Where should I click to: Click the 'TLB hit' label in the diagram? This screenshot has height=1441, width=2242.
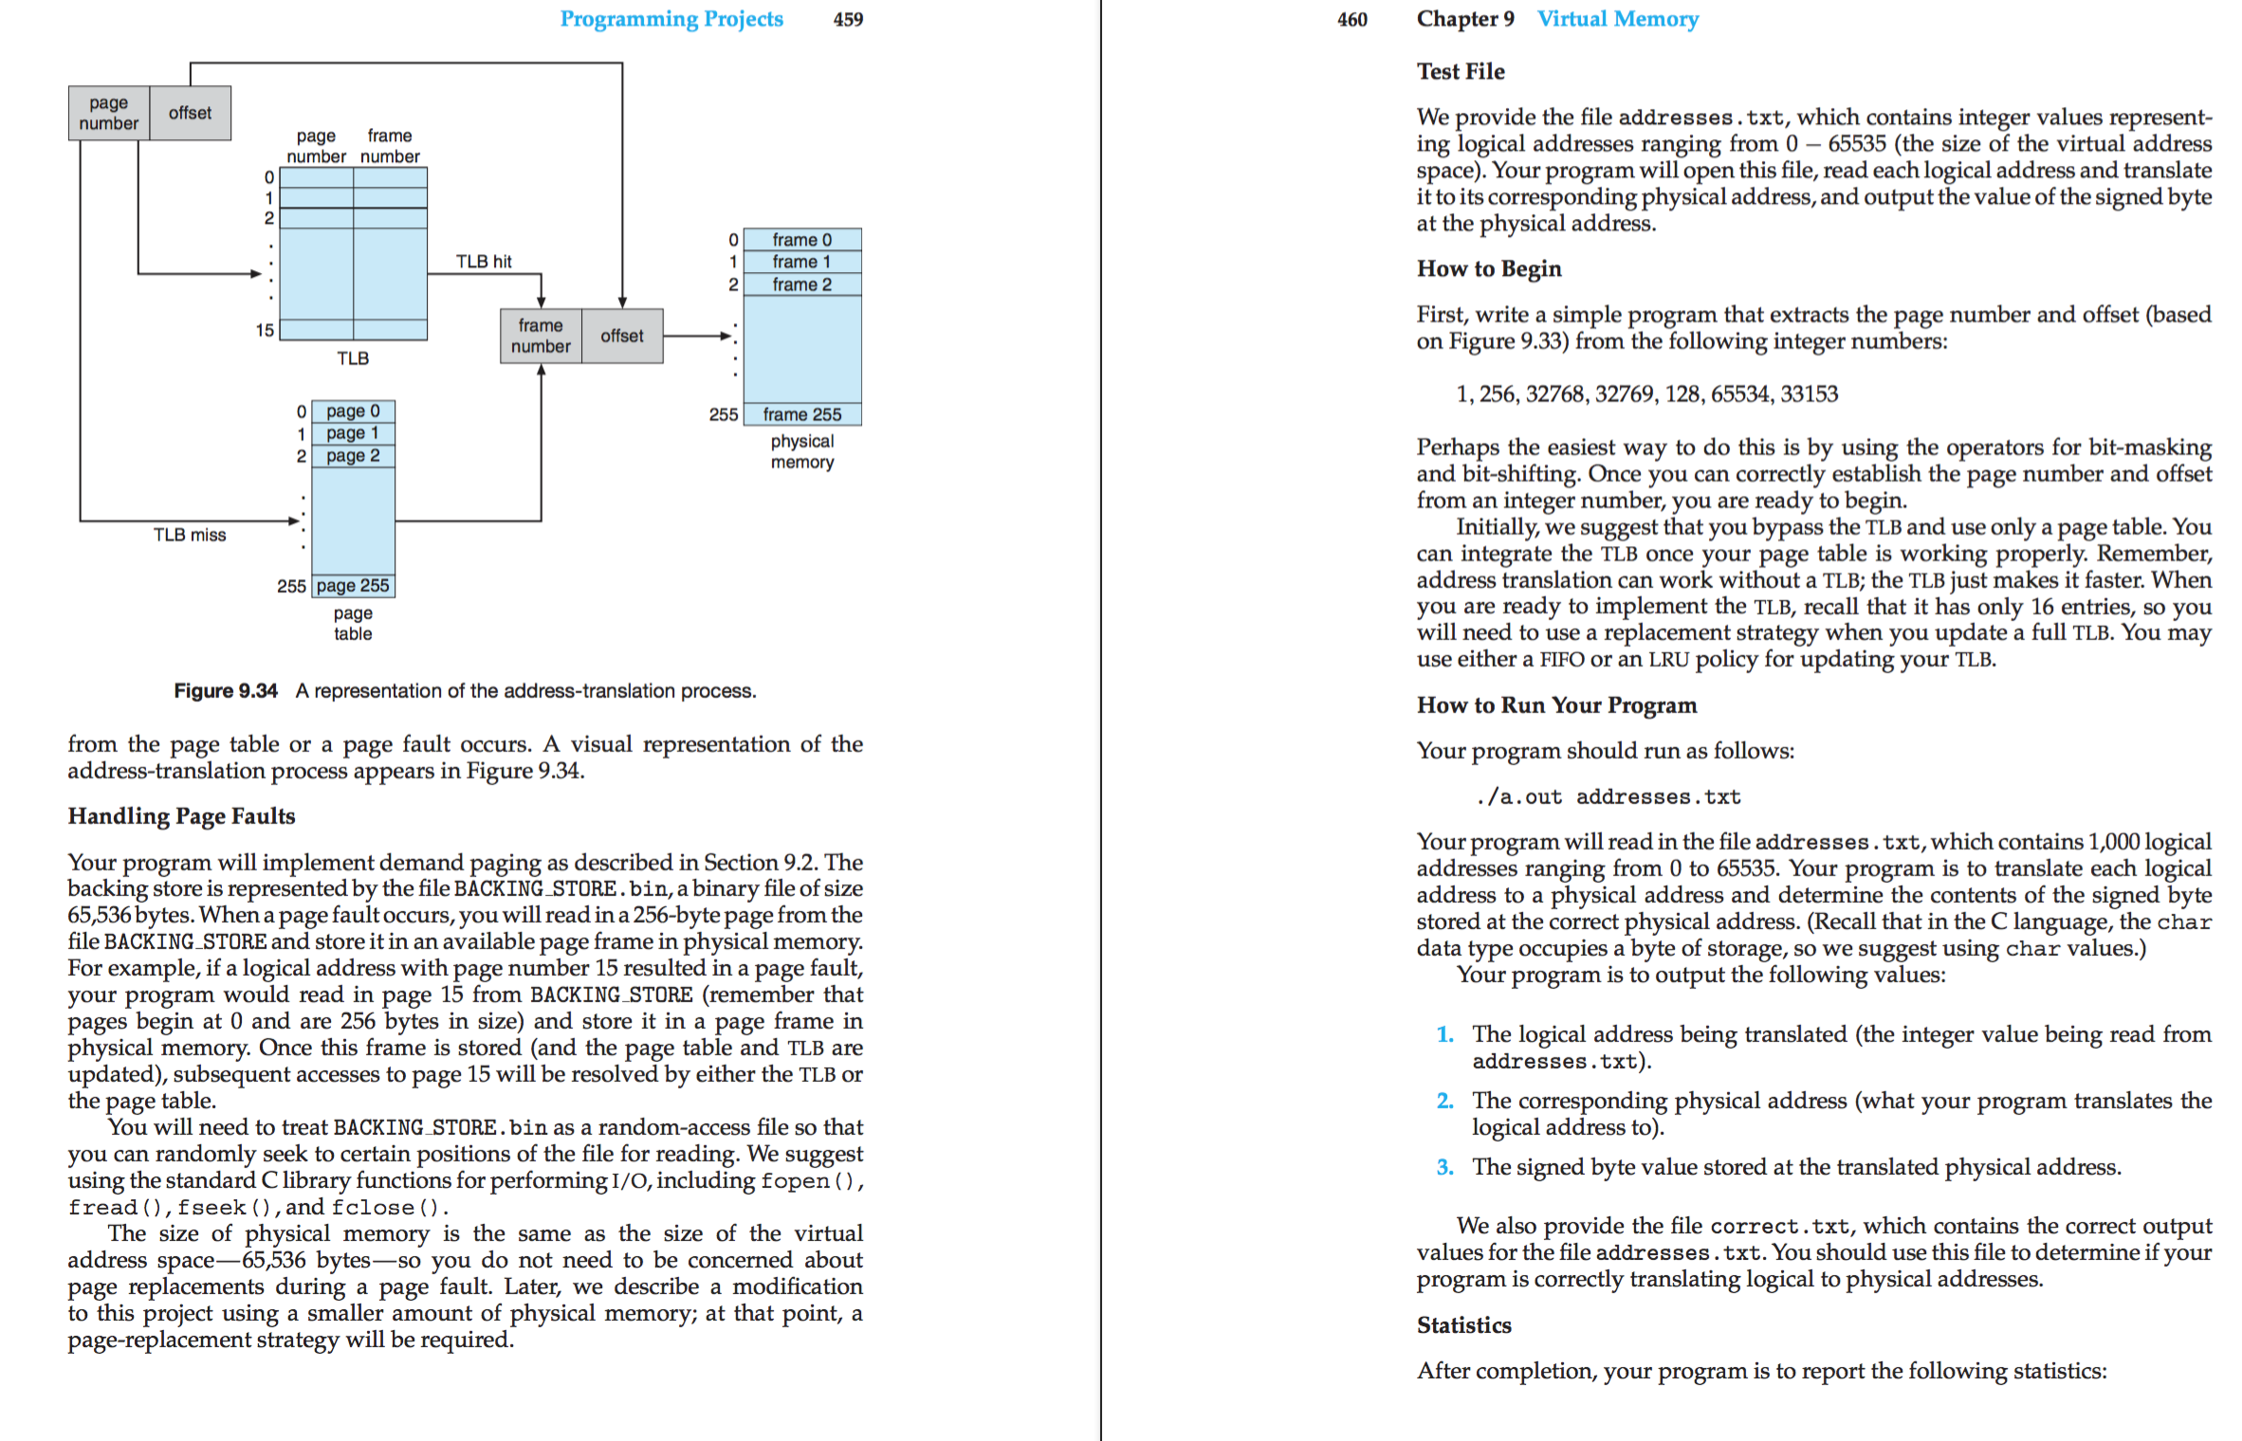click(484, 262)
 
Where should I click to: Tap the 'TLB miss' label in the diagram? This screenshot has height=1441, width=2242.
click(190, 536)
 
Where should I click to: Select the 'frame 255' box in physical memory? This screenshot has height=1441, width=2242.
click(802, 414)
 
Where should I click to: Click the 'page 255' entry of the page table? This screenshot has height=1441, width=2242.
click(353, 586)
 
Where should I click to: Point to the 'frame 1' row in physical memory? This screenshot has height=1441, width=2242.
click(802, 263)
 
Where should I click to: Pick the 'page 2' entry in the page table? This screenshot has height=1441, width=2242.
click(353, 456)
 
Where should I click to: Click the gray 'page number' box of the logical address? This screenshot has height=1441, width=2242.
click(109, 113)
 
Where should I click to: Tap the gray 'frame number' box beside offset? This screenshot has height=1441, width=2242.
click(541, 336)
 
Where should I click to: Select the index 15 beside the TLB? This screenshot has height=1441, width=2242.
click(265, 330)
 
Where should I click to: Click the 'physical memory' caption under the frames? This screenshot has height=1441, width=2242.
click(802, 452)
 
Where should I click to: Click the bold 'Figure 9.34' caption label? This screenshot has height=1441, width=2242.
click(226, 691)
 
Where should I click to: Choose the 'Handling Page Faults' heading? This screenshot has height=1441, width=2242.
click(181, 816)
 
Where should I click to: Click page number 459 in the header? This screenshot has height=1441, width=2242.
click(848, 19)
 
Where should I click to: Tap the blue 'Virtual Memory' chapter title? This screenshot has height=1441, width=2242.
click(1617, 19)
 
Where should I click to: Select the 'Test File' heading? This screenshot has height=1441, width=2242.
click(1461, 72)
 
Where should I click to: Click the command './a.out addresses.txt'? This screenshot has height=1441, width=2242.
click(1608, 797)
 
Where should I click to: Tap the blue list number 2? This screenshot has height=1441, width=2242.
click(1444, 1101)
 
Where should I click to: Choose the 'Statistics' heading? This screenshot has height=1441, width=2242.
click(1463, 1325)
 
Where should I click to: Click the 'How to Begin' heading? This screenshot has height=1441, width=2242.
click(1489, 269)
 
